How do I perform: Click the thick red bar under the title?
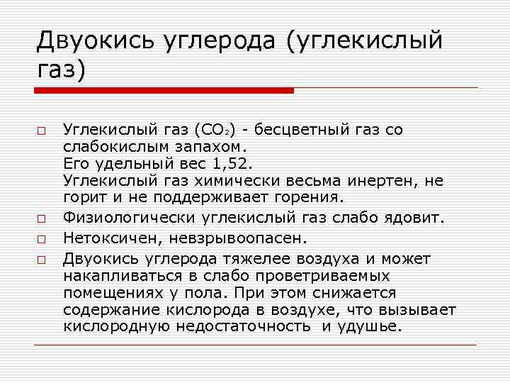(164, 90)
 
